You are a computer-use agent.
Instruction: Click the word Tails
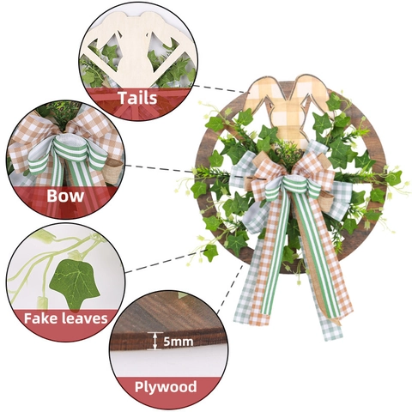[138, 98]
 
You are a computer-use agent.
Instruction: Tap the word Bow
[65, 196]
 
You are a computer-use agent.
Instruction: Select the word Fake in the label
[39, 318]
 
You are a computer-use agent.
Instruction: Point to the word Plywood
[166, 387]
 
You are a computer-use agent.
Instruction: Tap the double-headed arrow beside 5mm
[154, 341]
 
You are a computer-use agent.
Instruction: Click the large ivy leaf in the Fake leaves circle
[75, 283]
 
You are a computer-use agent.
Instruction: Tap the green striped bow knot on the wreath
[293, 187]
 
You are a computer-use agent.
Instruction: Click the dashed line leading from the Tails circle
[220, 88]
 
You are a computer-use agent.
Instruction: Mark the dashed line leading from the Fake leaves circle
[167, 261]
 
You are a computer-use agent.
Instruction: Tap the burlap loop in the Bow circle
[114, 171]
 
